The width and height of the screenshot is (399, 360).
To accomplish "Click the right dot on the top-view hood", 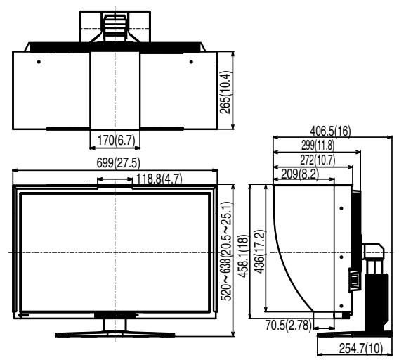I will pos(192,61).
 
